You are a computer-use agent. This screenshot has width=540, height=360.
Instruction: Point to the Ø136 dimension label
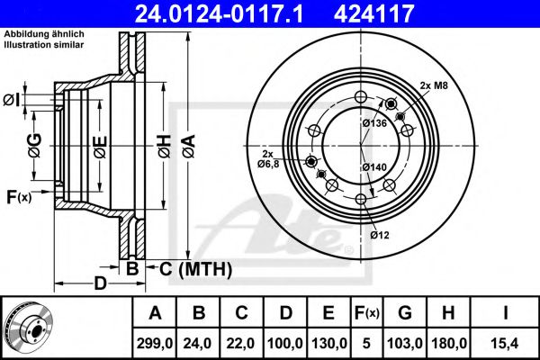point(375,123)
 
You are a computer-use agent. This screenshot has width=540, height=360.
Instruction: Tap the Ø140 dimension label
point(375,167)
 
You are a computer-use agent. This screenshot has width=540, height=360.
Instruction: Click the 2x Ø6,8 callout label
point(269,158)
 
